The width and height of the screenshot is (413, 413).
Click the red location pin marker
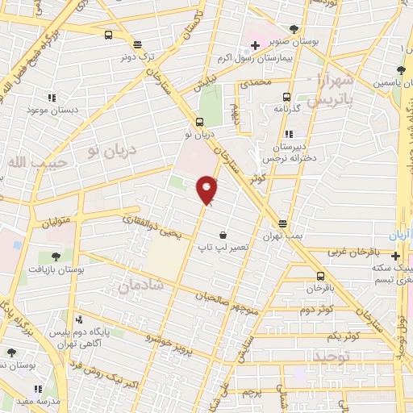(207, 190)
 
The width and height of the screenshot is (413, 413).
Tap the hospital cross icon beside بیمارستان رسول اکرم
(255, 46)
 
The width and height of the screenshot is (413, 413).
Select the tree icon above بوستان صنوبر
(294, 29)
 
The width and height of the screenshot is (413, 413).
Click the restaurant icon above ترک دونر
(137, 45)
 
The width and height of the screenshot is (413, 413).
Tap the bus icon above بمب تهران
(282, 223)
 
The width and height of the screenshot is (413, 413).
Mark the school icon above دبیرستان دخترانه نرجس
(288, 134)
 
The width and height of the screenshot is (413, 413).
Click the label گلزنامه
(286, 107)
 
